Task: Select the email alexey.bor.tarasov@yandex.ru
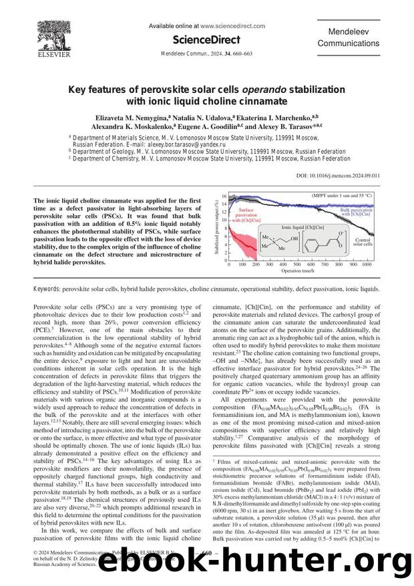(186, 144)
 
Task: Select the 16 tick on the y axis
(224, 196)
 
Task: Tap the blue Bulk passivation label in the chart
(357, 212)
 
